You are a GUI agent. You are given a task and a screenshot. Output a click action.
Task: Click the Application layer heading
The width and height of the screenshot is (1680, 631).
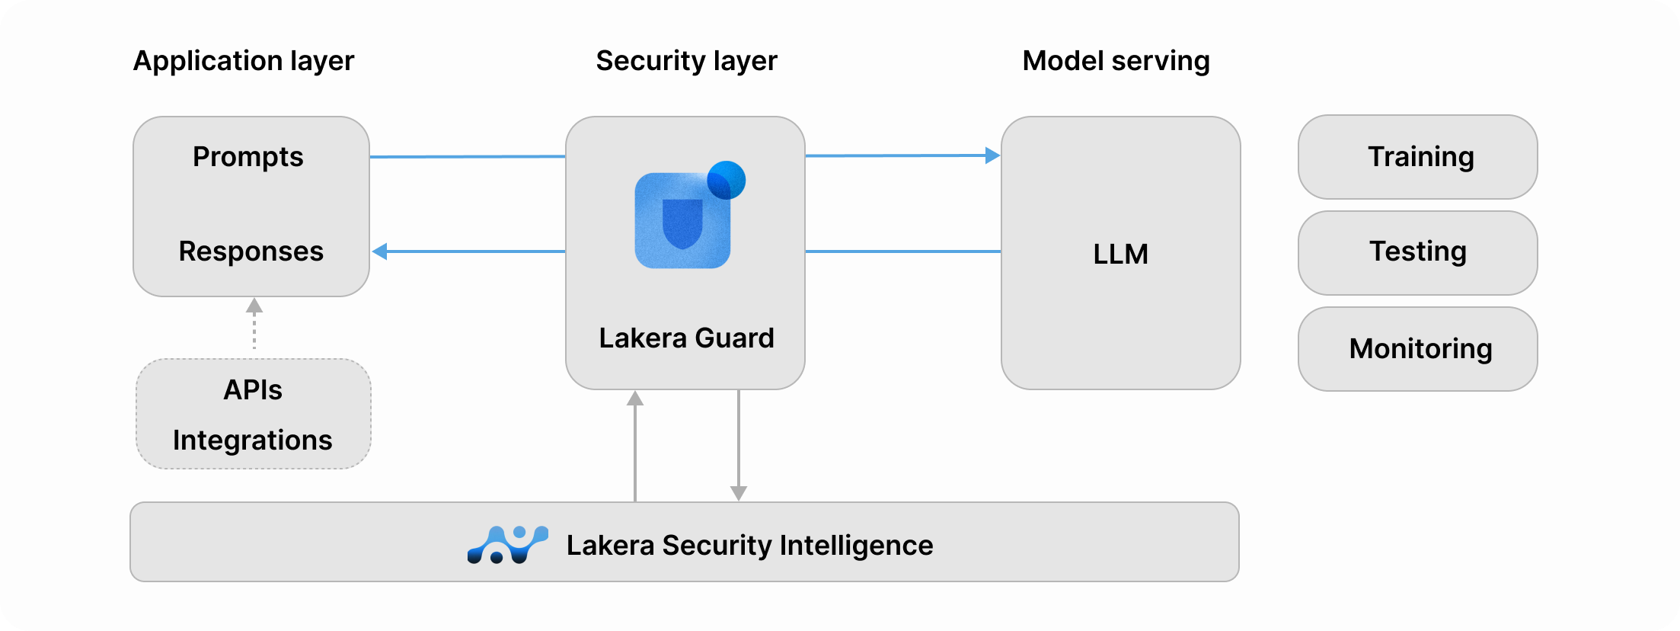(x=244, y=61)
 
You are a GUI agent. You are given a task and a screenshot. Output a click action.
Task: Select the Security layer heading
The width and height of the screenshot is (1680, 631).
(x=686, y=61)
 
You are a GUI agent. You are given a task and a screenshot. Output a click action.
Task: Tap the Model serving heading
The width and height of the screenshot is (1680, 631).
(x=1116, y=61)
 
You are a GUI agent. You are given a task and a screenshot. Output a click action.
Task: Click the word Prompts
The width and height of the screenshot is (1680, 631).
(x=248, y=157)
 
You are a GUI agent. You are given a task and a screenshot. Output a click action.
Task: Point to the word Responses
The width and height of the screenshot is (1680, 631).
(x=251, y=251)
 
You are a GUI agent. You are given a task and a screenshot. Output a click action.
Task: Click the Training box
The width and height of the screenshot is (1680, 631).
(x=1417, y=157)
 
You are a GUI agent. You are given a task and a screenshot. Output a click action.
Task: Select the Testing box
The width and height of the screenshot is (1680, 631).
(x=1417, y=252)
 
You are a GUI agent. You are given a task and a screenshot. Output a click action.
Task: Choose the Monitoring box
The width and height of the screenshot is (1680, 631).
(x=1417, y=349)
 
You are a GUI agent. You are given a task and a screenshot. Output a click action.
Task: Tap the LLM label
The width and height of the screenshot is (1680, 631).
(x=1120, y=254)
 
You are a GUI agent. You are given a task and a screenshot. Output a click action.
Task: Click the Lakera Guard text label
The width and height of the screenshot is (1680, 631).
(x=686, y=338)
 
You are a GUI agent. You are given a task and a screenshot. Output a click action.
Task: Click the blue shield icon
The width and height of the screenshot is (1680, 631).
(x=682, y=222)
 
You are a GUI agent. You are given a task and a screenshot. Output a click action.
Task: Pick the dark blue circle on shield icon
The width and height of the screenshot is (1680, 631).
(x=727, y=180)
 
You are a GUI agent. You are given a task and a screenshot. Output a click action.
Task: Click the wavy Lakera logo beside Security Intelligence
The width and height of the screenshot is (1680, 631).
(x=507, y=545)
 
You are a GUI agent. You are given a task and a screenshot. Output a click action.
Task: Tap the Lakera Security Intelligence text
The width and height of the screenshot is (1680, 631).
(x=749, y=546)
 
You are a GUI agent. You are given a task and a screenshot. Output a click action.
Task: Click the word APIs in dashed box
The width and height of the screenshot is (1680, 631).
(x=253, y=390)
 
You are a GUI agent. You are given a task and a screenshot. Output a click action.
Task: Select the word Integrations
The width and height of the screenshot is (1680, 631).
(x=253, y=440)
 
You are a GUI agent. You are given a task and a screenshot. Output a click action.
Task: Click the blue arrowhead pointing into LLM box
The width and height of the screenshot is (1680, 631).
(x=992, y=155)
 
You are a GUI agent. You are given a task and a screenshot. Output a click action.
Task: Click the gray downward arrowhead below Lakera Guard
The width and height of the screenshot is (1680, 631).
(x=738, y=493)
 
